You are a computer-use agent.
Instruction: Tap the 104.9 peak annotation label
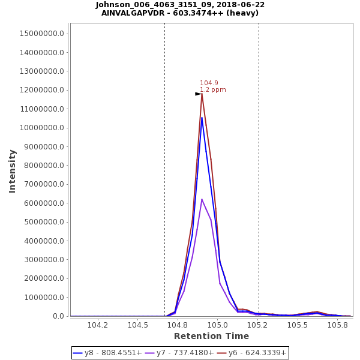tap(209, 83)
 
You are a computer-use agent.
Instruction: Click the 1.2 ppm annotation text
tap(213, 90)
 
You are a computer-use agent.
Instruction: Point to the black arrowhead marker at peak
tap(198, 94)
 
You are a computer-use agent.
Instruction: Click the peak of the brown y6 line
tap(202, 94)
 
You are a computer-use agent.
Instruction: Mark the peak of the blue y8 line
tap(202, 118)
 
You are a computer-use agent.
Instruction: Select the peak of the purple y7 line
tap(202, 199)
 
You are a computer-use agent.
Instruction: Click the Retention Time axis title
tap(211, 337)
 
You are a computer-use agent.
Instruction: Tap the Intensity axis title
tap(12, 171)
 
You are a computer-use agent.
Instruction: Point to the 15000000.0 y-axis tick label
tap(42, 34)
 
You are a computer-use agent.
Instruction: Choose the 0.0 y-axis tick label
tap(58, 316)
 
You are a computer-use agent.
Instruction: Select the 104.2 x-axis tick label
tap(98, 325)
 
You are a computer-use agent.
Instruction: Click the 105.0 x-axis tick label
tap(218, 325)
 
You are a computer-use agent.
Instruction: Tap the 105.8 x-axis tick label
tap(338, 325)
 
